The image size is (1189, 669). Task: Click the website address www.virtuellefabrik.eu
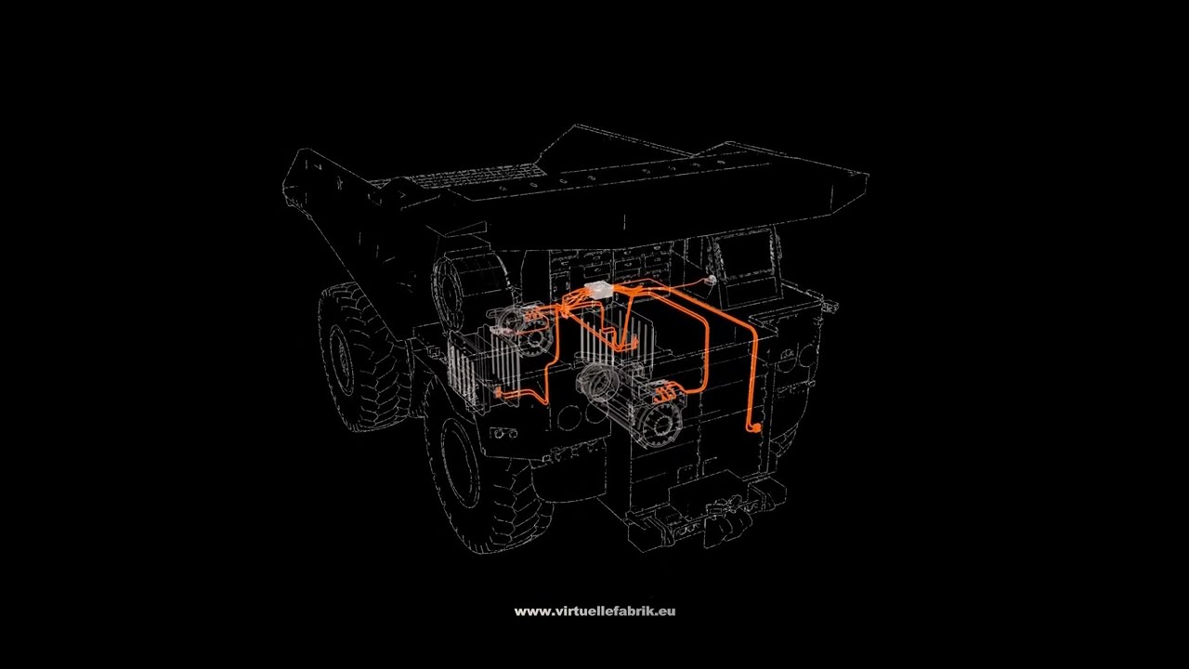point(594,611)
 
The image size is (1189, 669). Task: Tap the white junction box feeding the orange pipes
point(598,289)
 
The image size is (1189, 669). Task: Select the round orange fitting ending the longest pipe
point(755,427)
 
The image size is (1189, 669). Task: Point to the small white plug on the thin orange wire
point(712,279)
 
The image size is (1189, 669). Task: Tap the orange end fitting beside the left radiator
point(499,393)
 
